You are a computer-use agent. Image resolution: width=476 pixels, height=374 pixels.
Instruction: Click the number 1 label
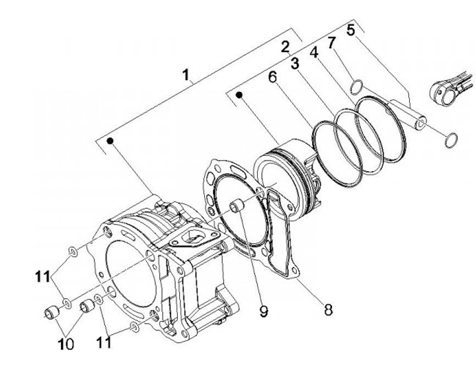point(188,76)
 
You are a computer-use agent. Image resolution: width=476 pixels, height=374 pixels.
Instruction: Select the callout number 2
point(286,47)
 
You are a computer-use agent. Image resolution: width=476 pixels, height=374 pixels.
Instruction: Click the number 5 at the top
point(350,30)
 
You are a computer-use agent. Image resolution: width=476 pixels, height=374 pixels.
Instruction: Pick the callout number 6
point(272,77)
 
